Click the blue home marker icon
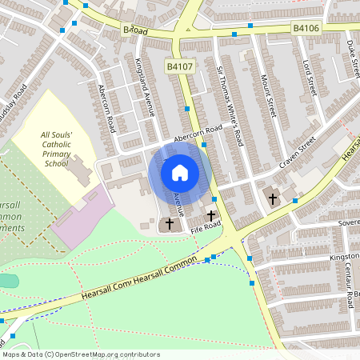click(x=180, y=172)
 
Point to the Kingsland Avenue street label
click(x=143, y=87)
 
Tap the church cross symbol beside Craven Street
click(x=272, y=198)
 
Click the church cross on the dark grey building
click(x=169, y=224)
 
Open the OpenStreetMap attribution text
click(x=81, y=354)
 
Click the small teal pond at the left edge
click(x=6, y=281)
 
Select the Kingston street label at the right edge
click(x=345, y=258)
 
